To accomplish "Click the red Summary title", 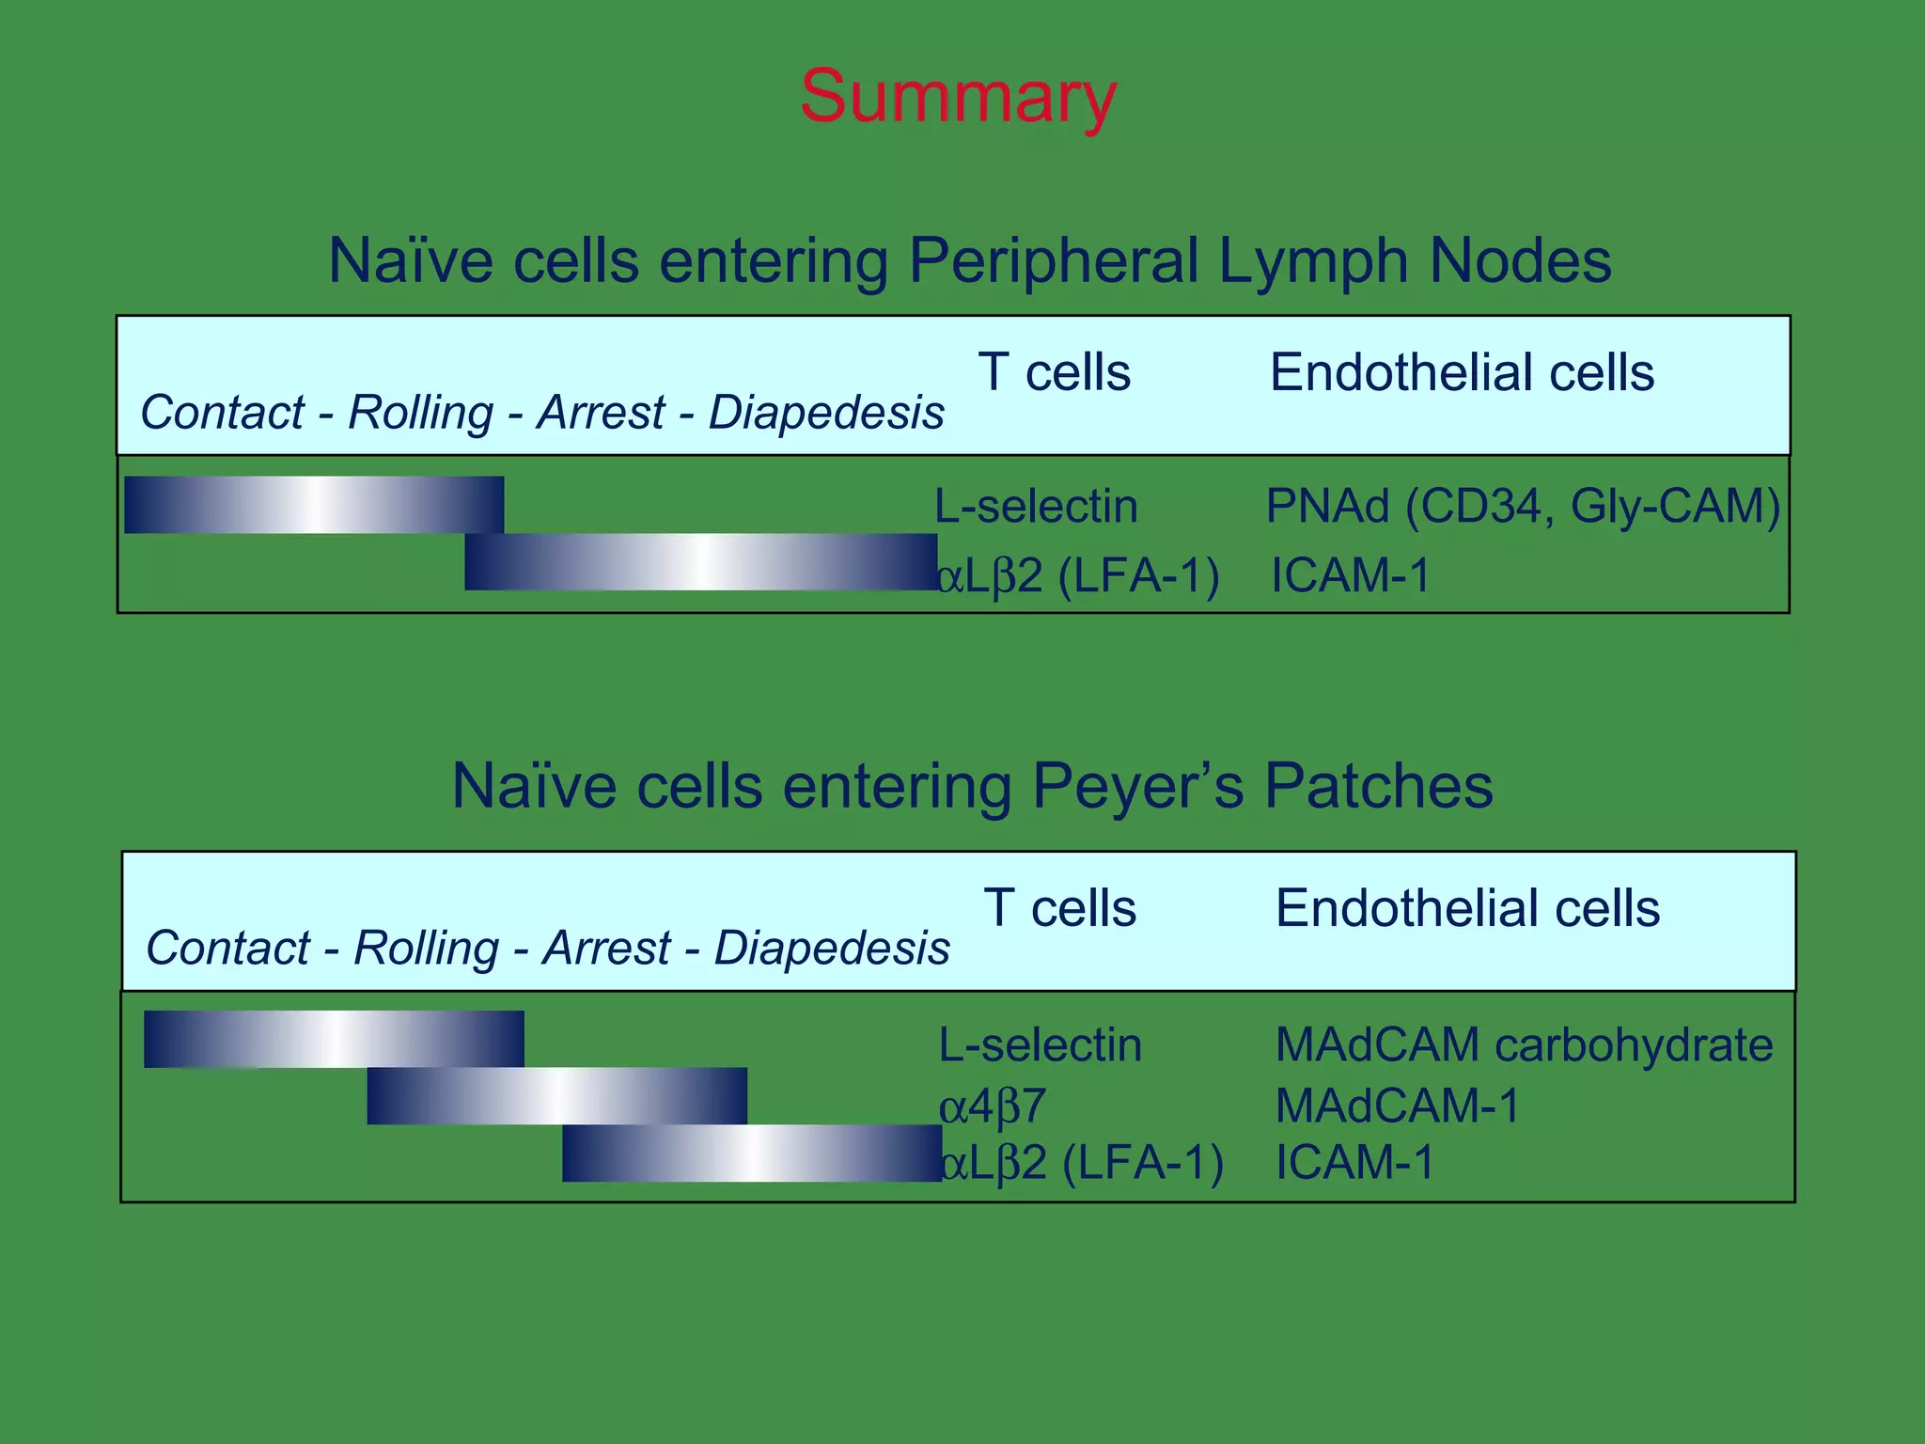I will pyautogui.click(x=958, y=96).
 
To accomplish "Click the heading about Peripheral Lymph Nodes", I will pyautogui.click(x=969, y=260).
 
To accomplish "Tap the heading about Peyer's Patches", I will pyautogui.click(x=972, y=786).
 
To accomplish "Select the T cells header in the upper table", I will pyautogui.click(x=1054, y=372).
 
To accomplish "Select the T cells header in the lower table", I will pyautogui.click(x=1059, y=908).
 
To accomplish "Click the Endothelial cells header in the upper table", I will pyautogui.click(x=1462, y=372).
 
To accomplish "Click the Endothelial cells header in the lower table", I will pyautogui.click(x=1467, y=908).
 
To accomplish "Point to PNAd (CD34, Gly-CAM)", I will pyautogui.click(x=1523, y=506).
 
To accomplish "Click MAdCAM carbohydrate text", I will pyautogui.click(x=1524, y=1044).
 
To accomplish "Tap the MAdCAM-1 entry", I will pyautogui.click(x=1397, y=1106).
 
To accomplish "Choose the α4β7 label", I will pyautogui.click(x=993, y=1107).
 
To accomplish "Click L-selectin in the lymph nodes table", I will pyautogui.click(x=1036, y=506).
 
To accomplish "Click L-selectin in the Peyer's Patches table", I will pyautogui.click(x=1040, y=1044).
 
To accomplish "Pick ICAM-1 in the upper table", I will pyautogui.click(x=1350, y=575).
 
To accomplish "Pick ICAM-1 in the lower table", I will pyautogui.click(x=1354, y=1163).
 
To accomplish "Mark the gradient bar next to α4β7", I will pyautogui.click(x=556, y=1096).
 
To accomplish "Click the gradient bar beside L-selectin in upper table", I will pyautogui.click(x=314, y=505).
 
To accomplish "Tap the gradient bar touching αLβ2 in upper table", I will pyautogui.click(x=700, y=562).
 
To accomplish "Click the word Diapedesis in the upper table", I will pyautogui.click(x=826, y=413).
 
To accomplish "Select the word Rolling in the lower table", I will pyautogui.click(x=426, y=948).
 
